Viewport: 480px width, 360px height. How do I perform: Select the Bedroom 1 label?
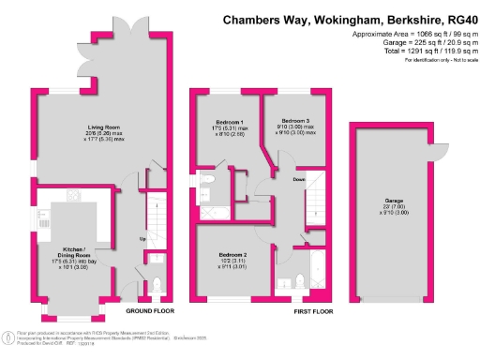[x=231, y=123]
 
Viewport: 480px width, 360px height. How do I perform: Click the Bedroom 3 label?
[x=295, y=121]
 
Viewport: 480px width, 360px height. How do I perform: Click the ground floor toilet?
[x=157, y=285]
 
